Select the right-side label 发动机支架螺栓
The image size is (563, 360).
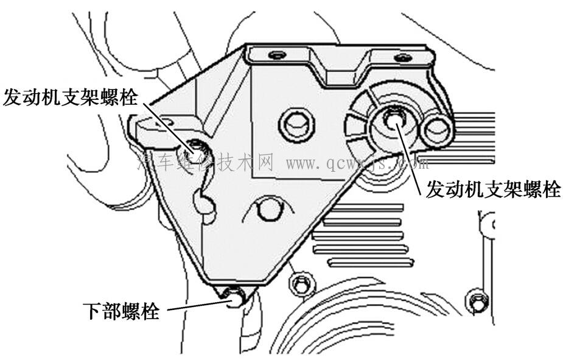(492, 189)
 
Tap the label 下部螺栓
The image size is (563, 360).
(121, 312)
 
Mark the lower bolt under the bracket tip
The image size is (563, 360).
(233, 297)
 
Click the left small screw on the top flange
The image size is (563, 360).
(277, 55)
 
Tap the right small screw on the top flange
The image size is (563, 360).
(402, 58)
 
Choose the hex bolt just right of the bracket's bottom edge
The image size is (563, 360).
(300, 283)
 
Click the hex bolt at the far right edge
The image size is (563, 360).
(477, 300)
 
